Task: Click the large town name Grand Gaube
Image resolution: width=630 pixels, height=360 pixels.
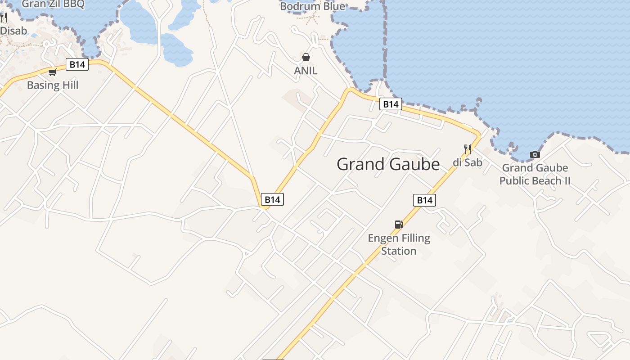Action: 388,164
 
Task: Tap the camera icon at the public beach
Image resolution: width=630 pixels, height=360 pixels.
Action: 535,155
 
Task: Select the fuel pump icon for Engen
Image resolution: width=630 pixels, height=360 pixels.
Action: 398,224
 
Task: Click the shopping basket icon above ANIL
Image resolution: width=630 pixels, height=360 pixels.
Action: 306,57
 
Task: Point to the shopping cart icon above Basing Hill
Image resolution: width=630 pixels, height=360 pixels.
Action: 52,72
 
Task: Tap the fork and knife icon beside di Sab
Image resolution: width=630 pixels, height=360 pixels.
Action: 468,149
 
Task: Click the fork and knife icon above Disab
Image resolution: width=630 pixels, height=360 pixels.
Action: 4,18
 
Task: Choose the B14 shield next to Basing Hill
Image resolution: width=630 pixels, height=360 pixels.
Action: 77,65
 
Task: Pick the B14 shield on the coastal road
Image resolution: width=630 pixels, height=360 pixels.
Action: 390,104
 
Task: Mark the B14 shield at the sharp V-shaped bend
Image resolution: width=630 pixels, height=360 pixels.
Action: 272,199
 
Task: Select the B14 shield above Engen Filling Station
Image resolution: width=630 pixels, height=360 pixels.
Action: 424,200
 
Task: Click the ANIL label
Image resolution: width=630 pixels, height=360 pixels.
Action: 306,71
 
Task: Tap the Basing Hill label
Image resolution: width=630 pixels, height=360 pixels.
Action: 53,85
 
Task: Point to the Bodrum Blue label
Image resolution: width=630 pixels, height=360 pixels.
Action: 312,6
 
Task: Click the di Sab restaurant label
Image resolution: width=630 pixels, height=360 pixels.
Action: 467,162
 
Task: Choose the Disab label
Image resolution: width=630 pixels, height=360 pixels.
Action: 13,31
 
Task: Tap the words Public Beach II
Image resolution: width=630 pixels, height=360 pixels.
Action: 535,181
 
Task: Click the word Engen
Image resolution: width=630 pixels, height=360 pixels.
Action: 383,238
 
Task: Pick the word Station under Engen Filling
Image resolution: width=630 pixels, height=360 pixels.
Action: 399,251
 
